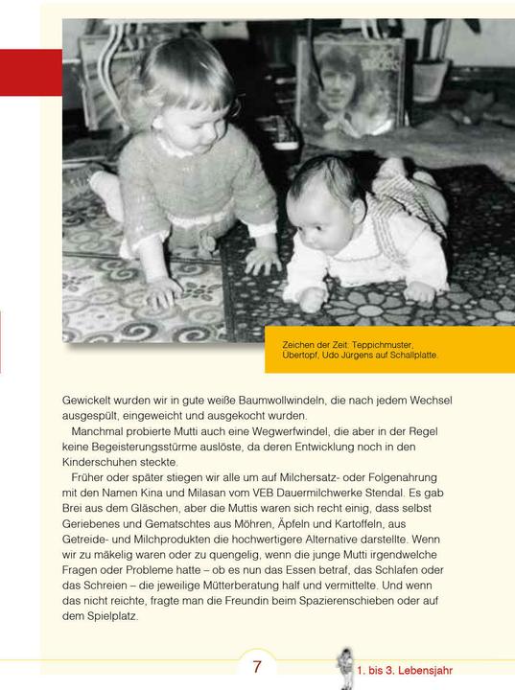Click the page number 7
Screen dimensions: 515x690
pyautogui.click(x=257, y=667)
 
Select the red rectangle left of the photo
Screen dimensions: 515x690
pyautogui.click(x=30, y=72)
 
